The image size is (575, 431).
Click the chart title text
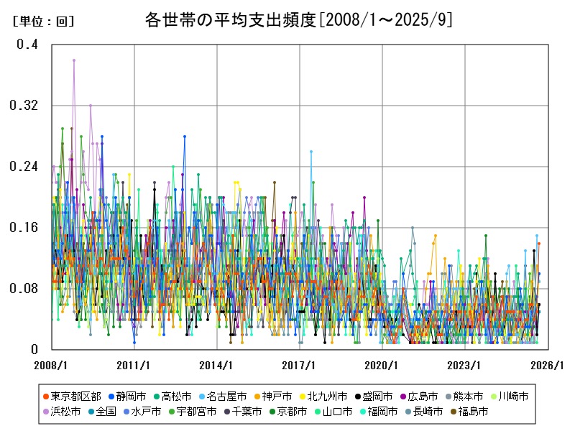298,20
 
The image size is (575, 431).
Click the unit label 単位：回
44,22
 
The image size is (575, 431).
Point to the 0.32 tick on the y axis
23,106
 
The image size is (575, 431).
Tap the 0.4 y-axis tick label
27,45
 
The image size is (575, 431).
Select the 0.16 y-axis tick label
23,228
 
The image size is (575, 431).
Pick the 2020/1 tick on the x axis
382,365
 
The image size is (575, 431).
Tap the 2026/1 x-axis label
548,365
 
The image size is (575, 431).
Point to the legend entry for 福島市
473,412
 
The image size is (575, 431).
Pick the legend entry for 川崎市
513,396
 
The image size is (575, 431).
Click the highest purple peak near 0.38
73,60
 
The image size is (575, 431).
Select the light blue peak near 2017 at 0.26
311,152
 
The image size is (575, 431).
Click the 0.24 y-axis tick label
23,167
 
